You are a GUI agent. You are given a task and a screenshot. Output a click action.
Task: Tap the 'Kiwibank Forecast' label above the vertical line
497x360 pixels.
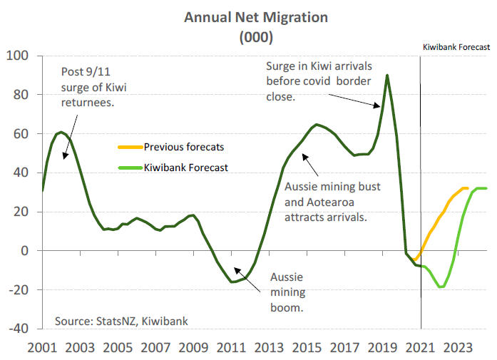pyautogui.click(x=456, y=46)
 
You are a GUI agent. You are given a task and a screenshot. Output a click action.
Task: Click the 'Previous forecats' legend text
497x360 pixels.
pyautogui.click(x=184, y=147)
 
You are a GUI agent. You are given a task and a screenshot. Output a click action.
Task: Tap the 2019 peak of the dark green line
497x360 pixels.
pyautogui.click(x=387, y=75)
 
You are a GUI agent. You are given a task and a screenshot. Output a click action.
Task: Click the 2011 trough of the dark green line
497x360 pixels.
pyautogui.click(x=232, y=282)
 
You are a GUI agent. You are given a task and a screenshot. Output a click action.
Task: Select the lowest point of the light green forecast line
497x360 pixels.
pyautogui.click(x=441, y=287)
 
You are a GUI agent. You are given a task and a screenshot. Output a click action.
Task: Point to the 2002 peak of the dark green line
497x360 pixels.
pyautogui.click(x=61, y=132)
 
